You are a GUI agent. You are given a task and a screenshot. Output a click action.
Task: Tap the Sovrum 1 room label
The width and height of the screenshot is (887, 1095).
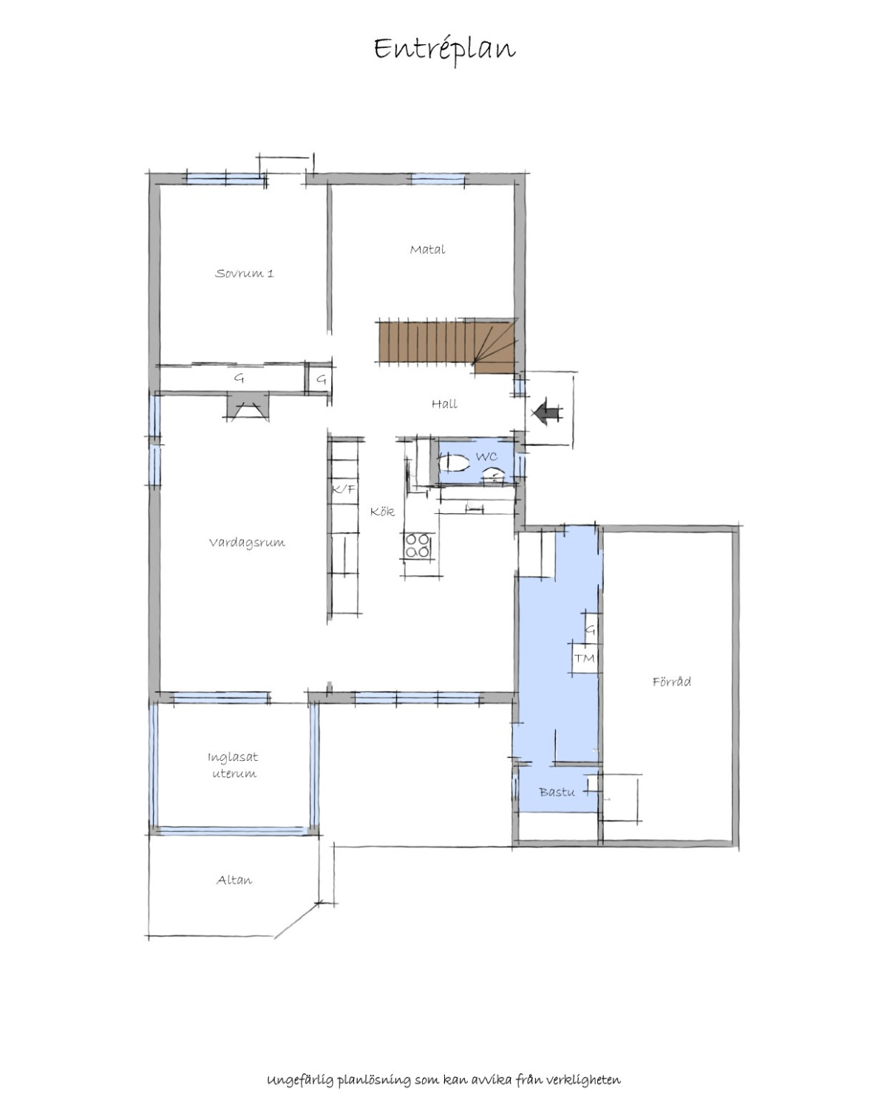point(244,273)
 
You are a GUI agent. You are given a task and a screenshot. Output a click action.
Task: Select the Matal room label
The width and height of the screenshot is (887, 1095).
point(427,250)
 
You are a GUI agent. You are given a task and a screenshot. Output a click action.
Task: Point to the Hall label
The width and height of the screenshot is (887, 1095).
point(444,404)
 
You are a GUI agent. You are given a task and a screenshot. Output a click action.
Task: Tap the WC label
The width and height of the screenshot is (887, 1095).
point(486,456)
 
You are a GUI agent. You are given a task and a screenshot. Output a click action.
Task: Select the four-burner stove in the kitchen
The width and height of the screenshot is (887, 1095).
point(418,546)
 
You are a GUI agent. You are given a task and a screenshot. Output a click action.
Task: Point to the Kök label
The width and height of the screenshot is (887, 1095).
point(383,512)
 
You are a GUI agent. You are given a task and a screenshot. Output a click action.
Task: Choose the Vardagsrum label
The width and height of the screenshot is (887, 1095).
point(247,543)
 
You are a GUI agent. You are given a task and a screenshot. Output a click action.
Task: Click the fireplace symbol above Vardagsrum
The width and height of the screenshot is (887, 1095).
point(248,407)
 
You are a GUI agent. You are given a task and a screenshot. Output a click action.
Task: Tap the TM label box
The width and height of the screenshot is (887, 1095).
point(584,657)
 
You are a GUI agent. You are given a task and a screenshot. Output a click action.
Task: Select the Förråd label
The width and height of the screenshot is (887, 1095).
point(672,682)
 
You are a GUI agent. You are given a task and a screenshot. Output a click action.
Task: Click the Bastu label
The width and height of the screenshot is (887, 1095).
point(557,792)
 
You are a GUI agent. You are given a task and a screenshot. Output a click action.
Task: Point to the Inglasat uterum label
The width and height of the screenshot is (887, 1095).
point(234,765)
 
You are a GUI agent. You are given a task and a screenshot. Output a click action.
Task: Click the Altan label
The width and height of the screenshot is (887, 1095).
point(234,880)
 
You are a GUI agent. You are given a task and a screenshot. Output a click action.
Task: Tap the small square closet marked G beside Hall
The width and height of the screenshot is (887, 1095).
point(321,380)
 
